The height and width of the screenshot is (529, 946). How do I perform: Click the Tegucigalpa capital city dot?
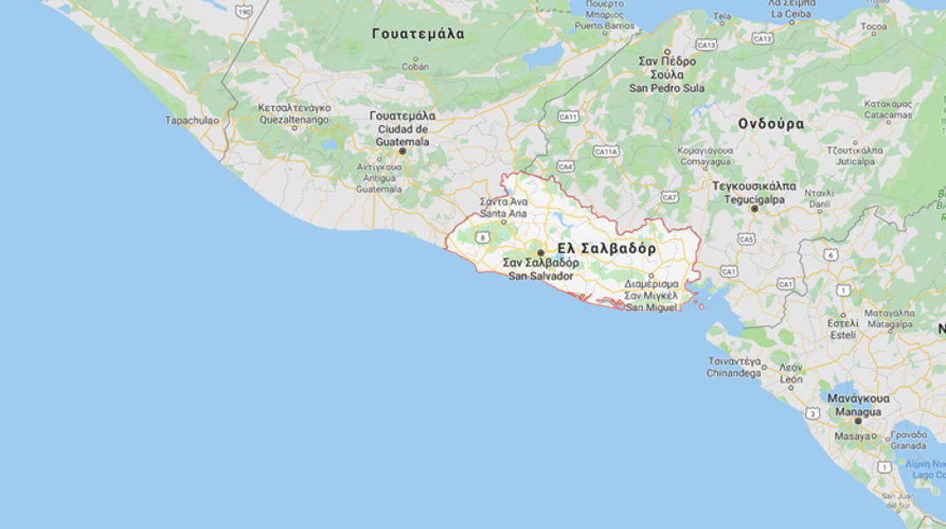click(754, 209)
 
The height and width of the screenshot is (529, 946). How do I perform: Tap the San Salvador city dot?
click(541, 252)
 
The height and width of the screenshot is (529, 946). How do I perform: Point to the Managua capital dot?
click(858, 421)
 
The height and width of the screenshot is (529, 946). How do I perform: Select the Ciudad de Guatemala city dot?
click(403, 151)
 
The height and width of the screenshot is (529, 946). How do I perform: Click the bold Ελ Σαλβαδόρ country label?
click(606, 249)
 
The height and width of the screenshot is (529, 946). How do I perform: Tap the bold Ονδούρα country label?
click(771, 123)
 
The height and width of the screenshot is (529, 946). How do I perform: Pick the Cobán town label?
click(416, 66)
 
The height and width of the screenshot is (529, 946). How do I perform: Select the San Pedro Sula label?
click(667, 88)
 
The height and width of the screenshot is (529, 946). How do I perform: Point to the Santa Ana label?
click(504, 213)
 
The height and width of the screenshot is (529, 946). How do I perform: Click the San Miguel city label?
click(652, 307)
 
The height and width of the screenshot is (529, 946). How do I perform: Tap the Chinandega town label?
click(734, 373)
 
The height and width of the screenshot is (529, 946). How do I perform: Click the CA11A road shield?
click(606, 152)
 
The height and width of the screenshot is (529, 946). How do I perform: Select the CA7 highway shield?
click(670, 197)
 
